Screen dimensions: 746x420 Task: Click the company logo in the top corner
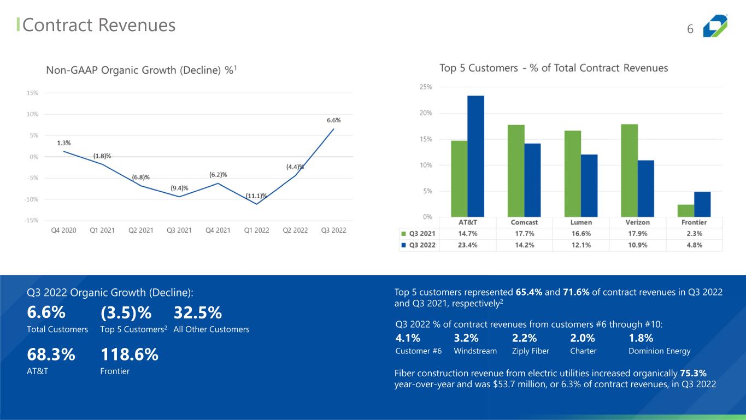pyautogui.click(x=715, y=26)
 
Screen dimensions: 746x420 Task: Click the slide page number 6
pyautogui.click(x=690, y=29)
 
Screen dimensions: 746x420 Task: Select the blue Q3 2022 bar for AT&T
pyautogui.click(x=475, y=156)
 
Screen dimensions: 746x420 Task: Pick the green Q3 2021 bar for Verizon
pyautogui.click(x=630, y=171)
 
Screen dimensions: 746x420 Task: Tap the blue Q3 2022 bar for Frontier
pyautogui.click(x=702, y=204)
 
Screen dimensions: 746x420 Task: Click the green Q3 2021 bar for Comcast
pyautogui.click(x=516, y=171)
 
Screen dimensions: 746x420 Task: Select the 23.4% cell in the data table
pyautogui.click(x=468, y=245)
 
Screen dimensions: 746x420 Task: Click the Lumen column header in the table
pyautogui.click(x=581, y=222)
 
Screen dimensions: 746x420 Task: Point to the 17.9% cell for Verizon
pyautogui.click(x=638, y=234)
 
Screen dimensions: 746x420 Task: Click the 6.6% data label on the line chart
pyautogui.click(x=334, y=120)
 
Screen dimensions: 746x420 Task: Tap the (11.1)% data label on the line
pyautogui.click(x=256, y=196)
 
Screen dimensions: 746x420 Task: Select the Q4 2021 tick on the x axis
pyautogui.click(x=218, y=230)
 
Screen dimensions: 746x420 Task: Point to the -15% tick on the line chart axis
pyautogui.click(x=31, y=220)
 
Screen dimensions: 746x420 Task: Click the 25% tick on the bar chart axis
pyautogui.click(x=426, y=87)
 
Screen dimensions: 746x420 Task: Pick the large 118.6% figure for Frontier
pyautogui.click(x=129, y=354)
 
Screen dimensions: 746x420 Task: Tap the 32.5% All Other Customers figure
pyautogui.click(x=198, y=312)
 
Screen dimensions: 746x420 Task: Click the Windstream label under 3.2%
pyautogui.click(x=475, y=351)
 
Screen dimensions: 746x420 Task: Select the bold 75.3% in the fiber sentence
pyautogui.click(x=693, y=373)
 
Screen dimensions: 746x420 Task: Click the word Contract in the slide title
pyautogui.click(x=57, y=25)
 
